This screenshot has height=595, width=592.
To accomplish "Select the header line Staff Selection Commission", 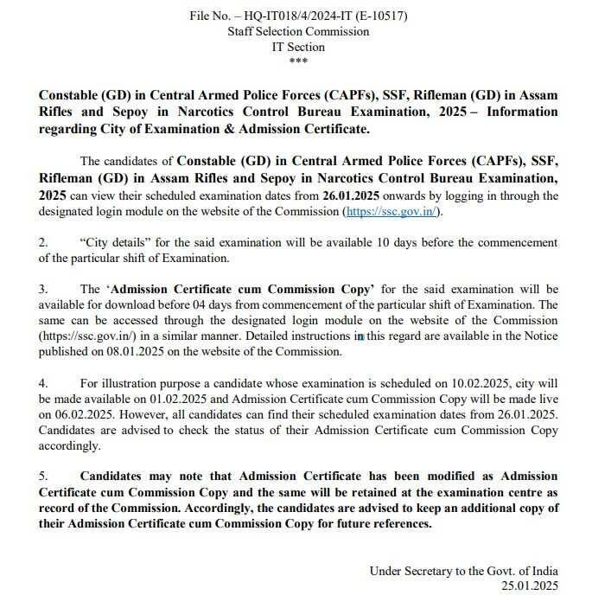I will (298, 31).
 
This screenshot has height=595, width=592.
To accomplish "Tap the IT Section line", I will (298, 47).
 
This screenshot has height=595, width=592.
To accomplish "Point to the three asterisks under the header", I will (298, 61).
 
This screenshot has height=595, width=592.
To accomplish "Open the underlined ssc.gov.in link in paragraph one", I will (392, 211).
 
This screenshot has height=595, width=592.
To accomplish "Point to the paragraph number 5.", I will (44, 477).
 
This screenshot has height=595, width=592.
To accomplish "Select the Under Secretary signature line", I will (463, 571).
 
